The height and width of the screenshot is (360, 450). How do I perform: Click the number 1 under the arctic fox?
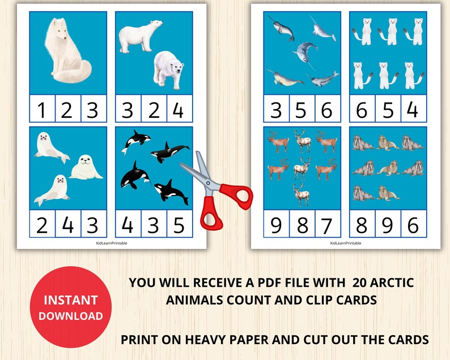click(41, 110)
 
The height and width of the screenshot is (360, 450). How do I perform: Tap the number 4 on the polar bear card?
click(179, 110)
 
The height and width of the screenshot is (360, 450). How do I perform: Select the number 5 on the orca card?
click(179, 225)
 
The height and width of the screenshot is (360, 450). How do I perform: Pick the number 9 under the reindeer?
click(276, 225)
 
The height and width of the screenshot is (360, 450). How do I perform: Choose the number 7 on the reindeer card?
click(328, 225)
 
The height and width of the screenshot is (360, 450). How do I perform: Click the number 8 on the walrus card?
click(362, 225)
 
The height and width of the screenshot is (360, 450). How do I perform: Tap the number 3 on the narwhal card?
click(276, 110)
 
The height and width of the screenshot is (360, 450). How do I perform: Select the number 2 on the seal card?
click(41, 225)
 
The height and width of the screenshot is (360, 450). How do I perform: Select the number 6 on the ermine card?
click(362, 110)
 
